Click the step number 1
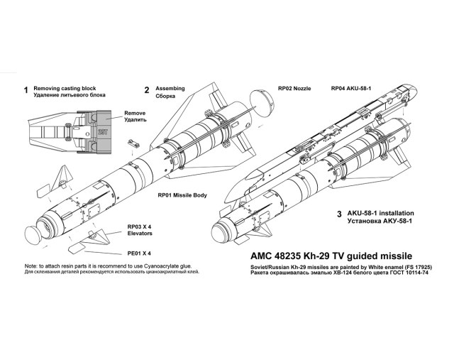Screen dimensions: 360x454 coord(26,91)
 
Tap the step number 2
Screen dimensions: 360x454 coord(147,91)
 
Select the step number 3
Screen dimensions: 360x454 coord(339,214)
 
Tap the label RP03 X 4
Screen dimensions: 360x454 coord(139,224)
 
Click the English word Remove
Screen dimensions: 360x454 coord(135,114)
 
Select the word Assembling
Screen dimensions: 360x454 coord(170,89)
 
